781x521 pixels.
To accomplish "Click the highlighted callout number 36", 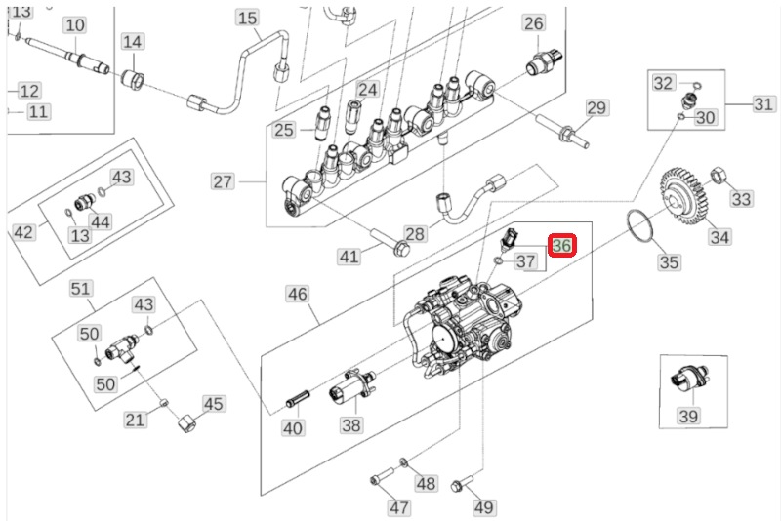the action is coord(562,245).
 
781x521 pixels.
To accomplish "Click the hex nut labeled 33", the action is coord(719,176).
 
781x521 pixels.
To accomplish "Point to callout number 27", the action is coord(223,181).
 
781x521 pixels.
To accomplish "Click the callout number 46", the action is coord(298,294).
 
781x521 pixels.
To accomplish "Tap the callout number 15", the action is coord(247,19).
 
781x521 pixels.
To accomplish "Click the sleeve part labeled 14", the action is coord(134,79).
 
